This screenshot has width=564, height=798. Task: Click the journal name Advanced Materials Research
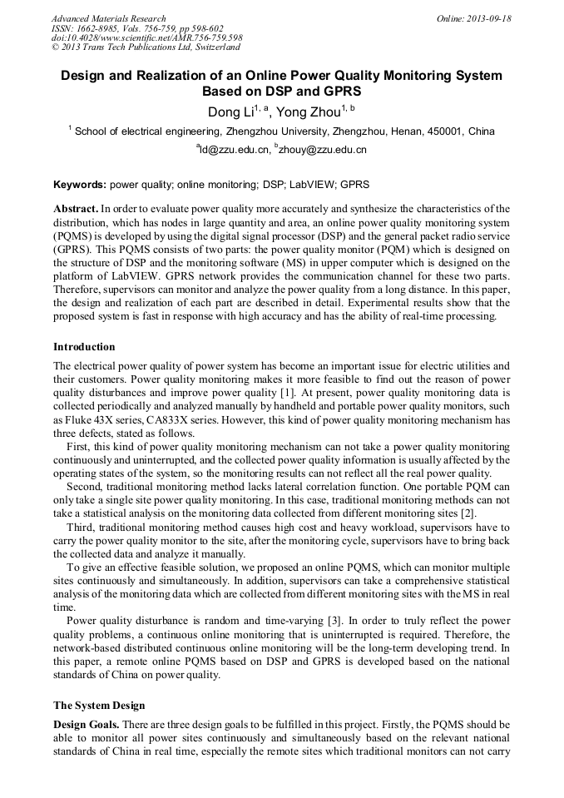pos(108,18)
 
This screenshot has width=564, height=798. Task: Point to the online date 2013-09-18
pos(491,18)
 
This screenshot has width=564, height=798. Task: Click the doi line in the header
pos(146,38)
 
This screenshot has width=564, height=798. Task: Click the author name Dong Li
pos(230,112)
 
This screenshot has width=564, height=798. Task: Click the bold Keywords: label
pos(80,185)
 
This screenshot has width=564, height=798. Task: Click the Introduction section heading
pos(84,347)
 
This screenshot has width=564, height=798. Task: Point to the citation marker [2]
pos(468,513)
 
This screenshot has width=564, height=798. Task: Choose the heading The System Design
pos(99,706)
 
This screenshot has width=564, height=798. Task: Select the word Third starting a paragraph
pos(81,526)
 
